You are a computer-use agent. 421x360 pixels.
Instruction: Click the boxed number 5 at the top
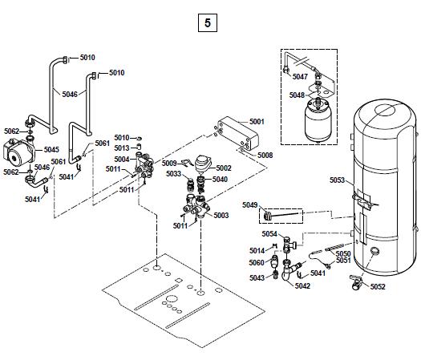208,22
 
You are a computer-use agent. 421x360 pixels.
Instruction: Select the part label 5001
257,122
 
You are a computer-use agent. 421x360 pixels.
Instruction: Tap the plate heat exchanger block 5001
238,133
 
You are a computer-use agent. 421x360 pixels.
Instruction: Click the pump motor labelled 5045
18,154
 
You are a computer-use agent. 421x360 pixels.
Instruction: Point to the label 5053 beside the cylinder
338,180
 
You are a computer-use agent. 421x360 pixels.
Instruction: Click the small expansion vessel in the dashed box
318,120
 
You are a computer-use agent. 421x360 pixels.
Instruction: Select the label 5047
300,77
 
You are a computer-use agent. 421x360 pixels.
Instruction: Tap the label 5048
297,95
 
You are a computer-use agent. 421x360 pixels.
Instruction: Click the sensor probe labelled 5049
281,215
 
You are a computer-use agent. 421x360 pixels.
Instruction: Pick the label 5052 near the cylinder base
378,287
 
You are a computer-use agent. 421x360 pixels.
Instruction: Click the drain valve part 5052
356,282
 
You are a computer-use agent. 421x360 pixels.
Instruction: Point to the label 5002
224,168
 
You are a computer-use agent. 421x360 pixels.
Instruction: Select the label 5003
221,216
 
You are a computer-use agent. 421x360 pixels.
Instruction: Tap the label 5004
122,160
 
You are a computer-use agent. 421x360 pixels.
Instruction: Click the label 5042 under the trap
302,286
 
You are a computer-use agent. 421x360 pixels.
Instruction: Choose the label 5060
257,262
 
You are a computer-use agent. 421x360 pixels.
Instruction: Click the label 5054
269,234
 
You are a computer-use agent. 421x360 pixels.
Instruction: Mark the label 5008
265,156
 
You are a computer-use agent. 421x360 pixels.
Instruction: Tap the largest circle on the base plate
171,299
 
